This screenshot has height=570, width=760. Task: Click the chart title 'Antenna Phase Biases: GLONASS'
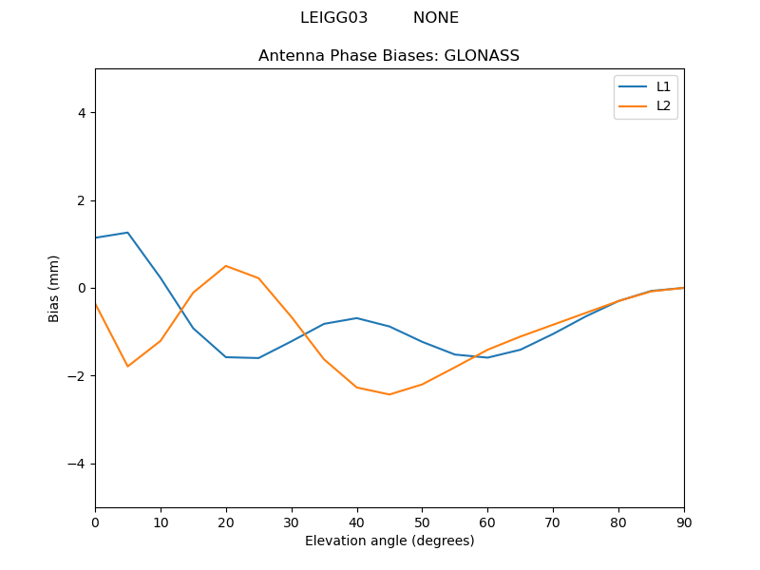(389, 56)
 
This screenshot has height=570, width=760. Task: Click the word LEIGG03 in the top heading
(333, 18)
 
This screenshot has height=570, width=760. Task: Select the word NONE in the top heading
(435, 18)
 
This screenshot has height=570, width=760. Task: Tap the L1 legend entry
(663, 86)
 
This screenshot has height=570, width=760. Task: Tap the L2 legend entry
(663, 105)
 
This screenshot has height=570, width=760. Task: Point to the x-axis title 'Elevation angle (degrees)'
(389, 541)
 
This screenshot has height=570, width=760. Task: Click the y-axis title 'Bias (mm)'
(54, 288)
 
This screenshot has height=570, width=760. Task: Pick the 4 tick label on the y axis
(81, 113)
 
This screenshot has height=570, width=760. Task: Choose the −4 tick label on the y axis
(77, 464)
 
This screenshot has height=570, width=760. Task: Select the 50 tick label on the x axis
(422, 522)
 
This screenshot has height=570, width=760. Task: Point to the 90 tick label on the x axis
(683, 522)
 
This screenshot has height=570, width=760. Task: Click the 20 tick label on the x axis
(226, 522)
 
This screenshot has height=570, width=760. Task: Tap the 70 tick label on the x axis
(553, 522)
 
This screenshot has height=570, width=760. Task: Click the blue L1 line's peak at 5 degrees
(127, 233)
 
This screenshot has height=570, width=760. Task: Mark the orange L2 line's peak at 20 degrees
(226, 266)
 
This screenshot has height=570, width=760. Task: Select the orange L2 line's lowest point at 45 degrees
(389, 394)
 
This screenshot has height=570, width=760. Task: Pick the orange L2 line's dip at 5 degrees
(127, 367)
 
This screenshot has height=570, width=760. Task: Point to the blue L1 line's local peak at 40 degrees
(356, 318)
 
